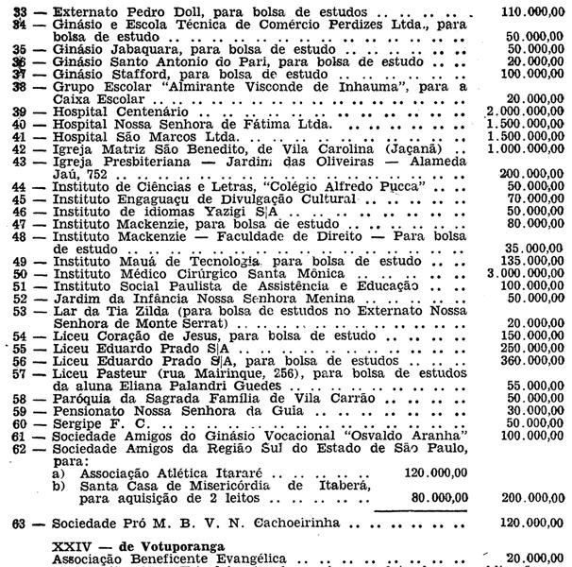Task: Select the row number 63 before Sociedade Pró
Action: tap(16, 521)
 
